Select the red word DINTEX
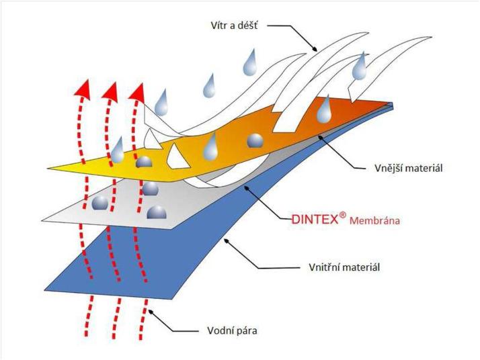point(315,219)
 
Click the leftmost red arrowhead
point(83,88)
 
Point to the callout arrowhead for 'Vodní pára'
point(151,311)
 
